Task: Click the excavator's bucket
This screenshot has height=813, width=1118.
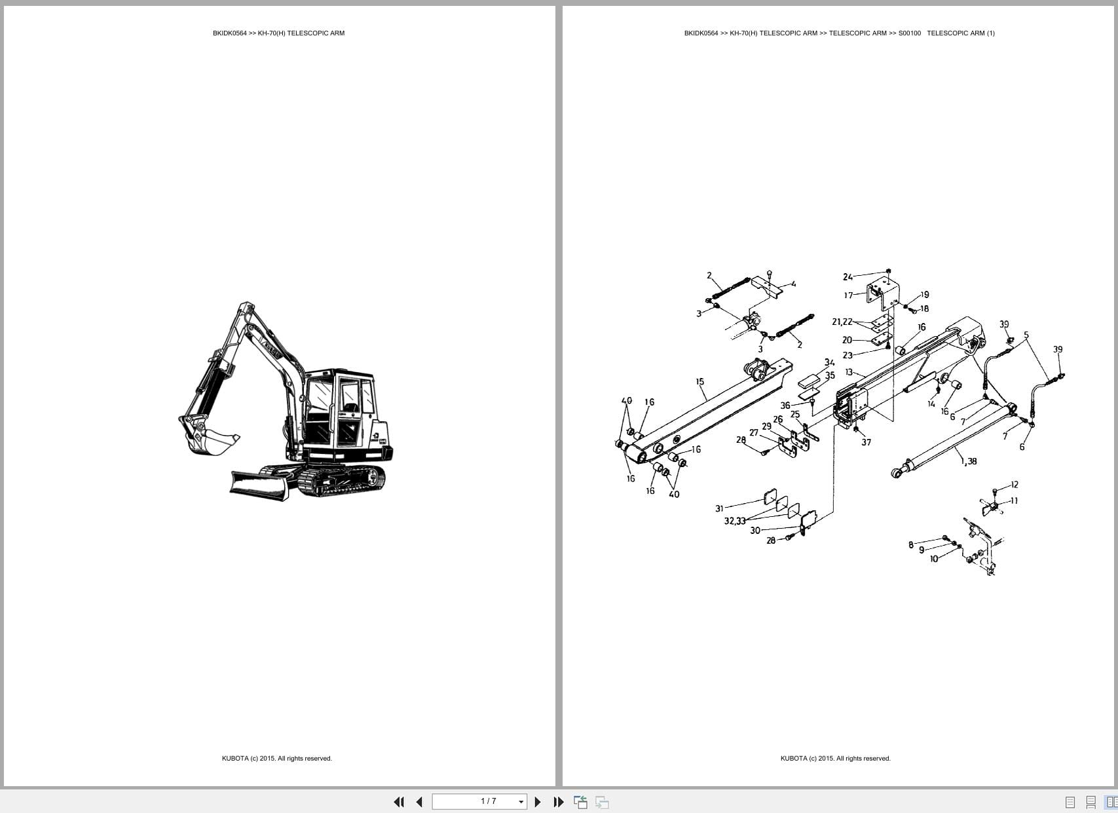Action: (211, 441)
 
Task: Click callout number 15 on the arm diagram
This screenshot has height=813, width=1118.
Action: (699, 381)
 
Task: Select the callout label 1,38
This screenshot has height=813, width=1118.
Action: (969, 461)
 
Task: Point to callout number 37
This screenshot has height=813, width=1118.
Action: (866, 442)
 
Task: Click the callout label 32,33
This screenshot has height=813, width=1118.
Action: (734, 521)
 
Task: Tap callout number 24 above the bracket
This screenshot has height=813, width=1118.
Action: (848, 277)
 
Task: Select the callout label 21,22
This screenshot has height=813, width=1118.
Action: (842, 322)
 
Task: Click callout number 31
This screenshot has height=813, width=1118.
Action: (719, 508)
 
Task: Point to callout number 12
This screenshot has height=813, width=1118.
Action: (1015, 485)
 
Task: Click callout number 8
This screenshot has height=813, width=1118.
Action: (910, 544)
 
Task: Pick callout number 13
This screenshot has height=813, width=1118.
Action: (849, 372)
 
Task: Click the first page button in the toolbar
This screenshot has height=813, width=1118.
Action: (398, 802)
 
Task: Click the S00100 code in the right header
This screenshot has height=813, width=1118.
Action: (909, 33)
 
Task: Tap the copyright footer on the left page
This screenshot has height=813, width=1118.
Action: (276, 759)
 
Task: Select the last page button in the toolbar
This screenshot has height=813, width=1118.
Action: (558, 802)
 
